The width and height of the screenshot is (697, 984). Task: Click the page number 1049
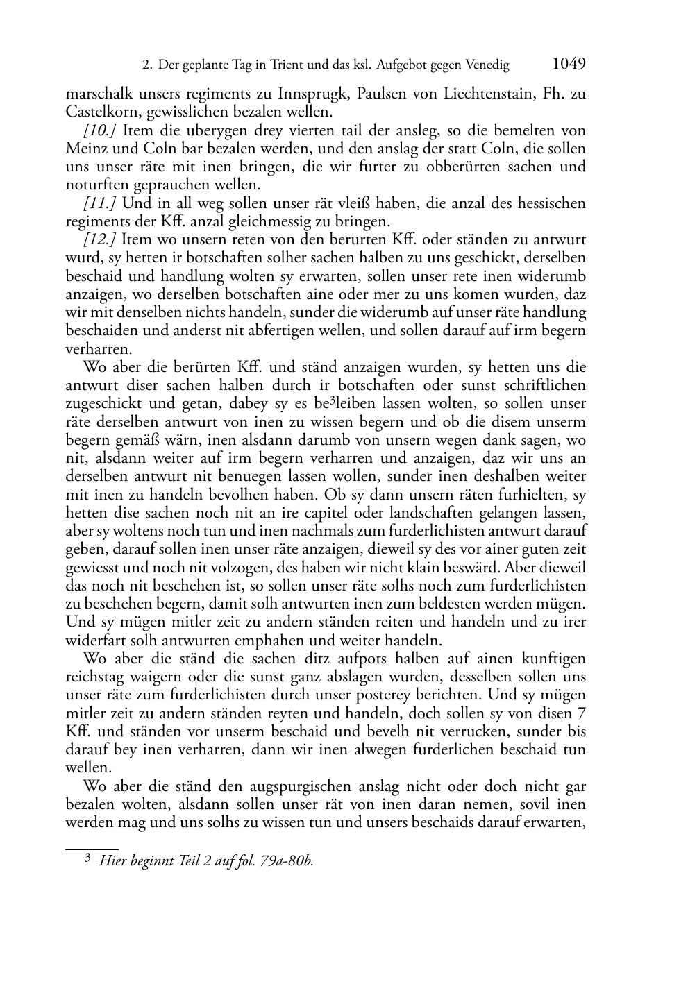(569, 65)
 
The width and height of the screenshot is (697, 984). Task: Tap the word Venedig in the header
(486, 65)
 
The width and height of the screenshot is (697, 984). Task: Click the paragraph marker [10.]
(100, 130)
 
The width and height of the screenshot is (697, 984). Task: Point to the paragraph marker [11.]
(100, 203)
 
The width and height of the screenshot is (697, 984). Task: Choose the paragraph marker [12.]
(100, 239)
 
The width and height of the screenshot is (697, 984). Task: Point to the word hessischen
(541, 203)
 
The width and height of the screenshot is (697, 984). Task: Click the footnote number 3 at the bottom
(87, 858)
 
